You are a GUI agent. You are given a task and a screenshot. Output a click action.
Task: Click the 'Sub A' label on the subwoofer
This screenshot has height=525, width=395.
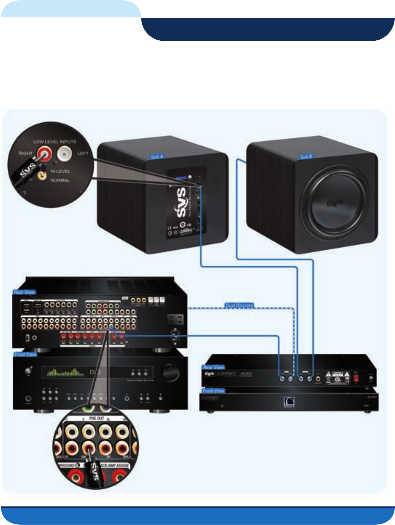click(x=157, y=157)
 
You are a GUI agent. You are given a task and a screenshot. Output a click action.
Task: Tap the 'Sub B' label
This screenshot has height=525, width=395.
click(x=306, y=157)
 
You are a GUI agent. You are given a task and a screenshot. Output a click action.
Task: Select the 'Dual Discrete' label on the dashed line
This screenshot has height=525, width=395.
click(x=239, y=305)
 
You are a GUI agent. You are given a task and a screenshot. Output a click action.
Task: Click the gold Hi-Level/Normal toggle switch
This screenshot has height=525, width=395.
click(x=43, y=175)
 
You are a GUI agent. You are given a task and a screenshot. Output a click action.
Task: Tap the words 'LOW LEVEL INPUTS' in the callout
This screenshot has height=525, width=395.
click(x=55, y=142)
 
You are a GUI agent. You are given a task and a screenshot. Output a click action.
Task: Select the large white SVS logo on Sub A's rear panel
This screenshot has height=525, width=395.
click(x=181, y=202)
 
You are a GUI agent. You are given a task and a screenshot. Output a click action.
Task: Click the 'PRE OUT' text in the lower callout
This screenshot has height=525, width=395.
click(x=97, y=418)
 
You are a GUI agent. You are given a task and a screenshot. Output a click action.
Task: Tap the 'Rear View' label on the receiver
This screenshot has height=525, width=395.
click(x=24, y=292)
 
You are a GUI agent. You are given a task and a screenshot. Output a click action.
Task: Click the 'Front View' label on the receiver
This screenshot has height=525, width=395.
click(x=26, y=354)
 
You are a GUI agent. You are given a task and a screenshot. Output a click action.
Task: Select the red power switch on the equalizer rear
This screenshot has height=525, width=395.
click(x=356, y=378)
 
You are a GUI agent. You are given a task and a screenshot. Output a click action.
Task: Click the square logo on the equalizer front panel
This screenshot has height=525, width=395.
click(x=289, y=402)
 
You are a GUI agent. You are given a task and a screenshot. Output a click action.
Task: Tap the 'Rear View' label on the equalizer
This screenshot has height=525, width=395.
click(x=214, y=367)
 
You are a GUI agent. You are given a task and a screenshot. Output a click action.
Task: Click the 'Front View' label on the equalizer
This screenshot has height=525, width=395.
click(x=214, y=391)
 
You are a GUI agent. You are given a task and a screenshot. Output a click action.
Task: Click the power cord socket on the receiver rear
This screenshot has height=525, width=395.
click(x=175, y=336)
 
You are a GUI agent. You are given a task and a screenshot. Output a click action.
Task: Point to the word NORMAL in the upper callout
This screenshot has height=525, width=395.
click(x=60, y=180)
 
